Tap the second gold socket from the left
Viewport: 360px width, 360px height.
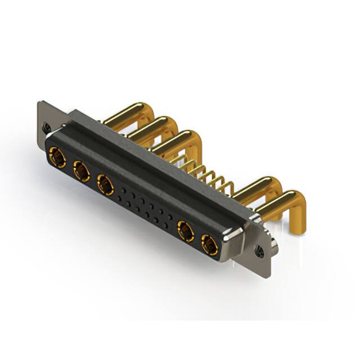pyautogui.click(x=81, y=170)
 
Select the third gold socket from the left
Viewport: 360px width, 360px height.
pyautogui.click(x=105, y=183)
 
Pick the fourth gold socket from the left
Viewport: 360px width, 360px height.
pyautogui.click(x=185, y=230)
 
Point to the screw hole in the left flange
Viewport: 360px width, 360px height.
pyautogui.click(x=47, y=126)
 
